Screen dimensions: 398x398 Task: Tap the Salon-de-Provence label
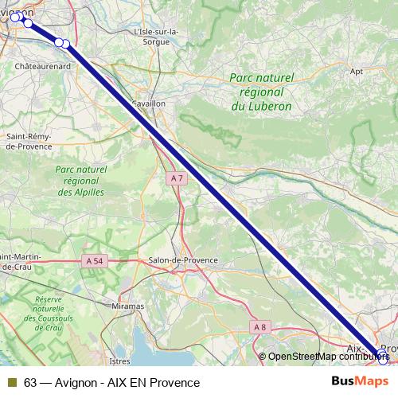(184, 260)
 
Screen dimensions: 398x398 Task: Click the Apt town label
(357, 71)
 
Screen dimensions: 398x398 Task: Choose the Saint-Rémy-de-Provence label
(29, 141)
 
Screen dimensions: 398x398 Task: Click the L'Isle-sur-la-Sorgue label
(158, 37)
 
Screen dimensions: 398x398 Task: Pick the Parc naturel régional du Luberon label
(260, 92)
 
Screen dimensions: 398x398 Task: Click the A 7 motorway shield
(178, 179)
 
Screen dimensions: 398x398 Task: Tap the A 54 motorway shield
(94, 260)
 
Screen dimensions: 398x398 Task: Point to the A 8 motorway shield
(259, 326)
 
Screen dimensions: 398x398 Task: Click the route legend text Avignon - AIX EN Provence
(127, 383)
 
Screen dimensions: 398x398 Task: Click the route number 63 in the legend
(30, 383)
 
